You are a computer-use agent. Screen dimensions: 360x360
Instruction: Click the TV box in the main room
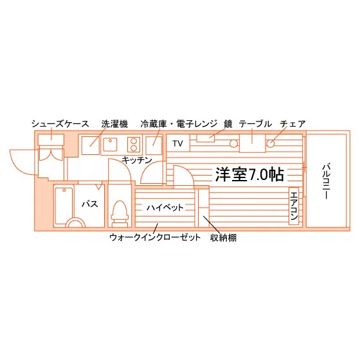point(178,143)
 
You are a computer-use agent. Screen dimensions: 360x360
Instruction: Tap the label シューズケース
point(60,124)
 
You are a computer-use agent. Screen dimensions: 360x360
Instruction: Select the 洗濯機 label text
point(114,124)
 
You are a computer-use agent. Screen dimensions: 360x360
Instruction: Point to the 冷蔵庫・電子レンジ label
point(179,124)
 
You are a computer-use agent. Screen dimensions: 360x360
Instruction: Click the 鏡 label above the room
point(228,124)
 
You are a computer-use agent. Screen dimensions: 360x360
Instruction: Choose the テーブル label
point(255,124)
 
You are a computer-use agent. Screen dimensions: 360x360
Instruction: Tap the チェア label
point(292,124)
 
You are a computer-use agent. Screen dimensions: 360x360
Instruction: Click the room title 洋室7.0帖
point(249,174)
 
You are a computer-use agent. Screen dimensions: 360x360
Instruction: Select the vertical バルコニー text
point(327,181)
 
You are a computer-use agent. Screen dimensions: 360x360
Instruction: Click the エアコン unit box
point(294,206)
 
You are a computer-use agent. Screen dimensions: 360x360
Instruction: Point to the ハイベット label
point(165,208)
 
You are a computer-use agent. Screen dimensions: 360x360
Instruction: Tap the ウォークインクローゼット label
point(155,237)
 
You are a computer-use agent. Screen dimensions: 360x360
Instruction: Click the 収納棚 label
point(223,238)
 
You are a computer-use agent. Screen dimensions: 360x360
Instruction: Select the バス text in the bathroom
point(90,204)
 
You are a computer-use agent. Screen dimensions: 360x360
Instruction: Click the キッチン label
point(137,160)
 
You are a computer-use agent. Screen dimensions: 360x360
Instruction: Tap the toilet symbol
point(120,213)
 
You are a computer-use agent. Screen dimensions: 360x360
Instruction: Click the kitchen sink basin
point(110,145)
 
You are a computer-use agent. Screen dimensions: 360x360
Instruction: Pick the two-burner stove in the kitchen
point(134,145)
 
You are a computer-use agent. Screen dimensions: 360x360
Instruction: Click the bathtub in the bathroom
point(64,206)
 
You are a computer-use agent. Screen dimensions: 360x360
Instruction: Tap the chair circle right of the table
point(271,144)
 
